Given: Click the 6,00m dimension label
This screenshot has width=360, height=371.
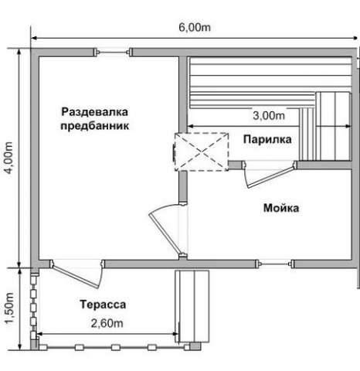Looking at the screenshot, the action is [195, 27].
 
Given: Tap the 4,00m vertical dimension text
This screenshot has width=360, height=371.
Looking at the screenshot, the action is [9, 158].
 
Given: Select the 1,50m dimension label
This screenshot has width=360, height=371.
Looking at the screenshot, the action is [9, 308].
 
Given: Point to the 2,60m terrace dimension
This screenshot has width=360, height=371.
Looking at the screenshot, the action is [107, 323].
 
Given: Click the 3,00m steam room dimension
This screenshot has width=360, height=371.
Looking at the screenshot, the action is [269, 115].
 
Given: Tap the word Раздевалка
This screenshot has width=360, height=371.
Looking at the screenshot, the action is [94, 112].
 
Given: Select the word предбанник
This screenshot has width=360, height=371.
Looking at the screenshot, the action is [94, 126].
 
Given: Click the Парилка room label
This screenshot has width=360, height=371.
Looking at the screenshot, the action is [267, 139].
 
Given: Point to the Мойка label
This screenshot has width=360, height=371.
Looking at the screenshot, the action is [281, 208].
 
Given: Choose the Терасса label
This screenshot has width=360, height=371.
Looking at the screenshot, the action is [103, 305].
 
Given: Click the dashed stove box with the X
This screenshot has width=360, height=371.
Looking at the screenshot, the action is [202, 151].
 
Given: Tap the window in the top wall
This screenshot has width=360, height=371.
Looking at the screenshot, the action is [113, 53].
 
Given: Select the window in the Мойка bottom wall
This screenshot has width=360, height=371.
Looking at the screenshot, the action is [275, 264].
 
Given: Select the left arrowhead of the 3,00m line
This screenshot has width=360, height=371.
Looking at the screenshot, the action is [190, 126].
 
